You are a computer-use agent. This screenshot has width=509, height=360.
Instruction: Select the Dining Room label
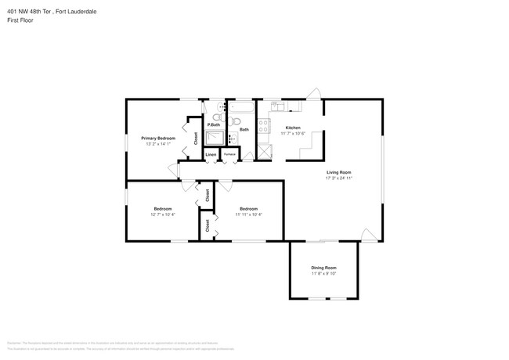coord(323,268)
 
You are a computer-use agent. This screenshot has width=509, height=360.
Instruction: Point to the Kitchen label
coord(293,128)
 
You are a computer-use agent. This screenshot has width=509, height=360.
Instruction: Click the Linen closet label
coord(211,155)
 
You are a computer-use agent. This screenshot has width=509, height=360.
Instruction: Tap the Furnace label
coord(229,155)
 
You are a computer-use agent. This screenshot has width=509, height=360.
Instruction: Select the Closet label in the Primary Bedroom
coord(196,138)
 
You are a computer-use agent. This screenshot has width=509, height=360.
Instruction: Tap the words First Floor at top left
coord(20,20)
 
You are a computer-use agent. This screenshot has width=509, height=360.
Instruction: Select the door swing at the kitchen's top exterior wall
coord(313,94)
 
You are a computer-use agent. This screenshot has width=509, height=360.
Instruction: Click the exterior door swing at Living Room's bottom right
coord(366,234)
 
